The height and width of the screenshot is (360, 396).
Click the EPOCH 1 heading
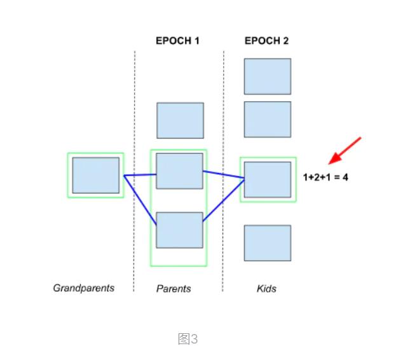[x=177, y=41]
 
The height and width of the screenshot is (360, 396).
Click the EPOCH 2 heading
[x=266, y=41]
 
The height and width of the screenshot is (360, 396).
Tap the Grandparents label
[x=83, y=288]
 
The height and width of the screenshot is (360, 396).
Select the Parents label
[x=174, y=289]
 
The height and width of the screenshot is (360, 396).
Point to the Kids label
[x=266, y=289]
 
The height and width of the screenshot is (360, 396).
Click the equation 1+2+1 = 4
[x=326, y=177]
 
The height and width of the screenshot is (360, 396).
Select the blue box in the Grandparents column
[x=95, y=176]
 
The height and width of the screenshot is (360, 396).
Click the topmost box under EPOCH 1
[x=180, y=120]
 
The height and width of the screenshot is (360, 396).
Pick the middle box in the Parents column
[x=180, y=170]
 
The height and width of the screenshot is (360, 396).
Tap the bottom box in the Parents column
[x=179, y=230]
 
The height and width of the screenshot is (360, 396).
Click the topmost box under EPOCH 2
[x=267, y=76]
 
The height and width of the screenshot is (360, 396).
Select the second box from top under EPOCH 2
[x=267, y=120]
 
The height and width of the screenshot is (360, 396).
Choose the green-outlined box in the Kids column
[x=268, y=179]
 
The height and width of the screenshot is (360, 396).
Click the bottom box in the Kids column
[x=267, y=243]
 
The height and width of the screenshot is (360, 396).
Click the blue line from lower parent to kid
[x=224, y=200]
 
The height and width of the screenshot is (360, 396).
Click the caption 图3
[x=188, y=339]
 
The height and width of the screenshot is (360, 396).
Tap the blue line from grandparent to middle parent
[x=140, y=174]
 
